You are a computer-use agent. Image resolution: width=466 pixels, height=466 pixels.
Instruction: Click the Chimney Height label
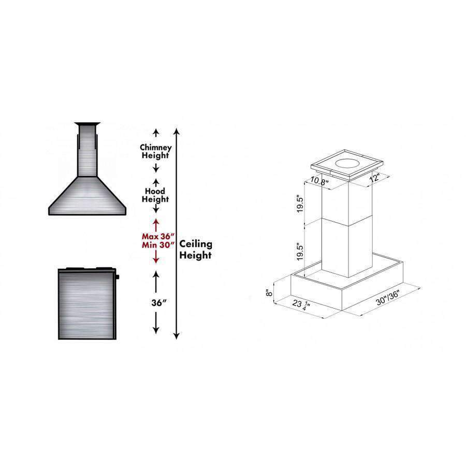pyautogui.click(x=156, y=151)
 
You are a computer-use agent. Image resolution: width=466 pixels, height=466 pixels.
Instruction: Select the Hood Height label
pyautogui.click(x=155, y=195)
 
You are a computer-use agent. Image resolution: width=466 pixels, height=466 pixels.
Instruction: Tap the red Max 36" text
pyautogui.click(x=157, y=237)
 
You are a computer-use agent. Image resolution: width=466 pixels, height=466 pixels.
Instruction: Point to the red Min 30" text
pyautogui.click(x=157, y=245)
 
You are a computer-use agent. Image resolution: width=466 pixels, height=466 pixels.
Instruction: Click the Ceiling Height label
pyautogui.click(x=196, y=250)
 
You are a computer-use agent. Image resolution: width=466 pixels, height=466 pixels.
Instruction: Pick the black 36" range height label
pyautogui.click(x=159, y=302)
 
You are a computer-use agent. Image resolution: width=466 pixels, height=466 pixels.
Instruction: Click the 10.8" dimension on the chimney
pyautogui.click(x=319, y=181)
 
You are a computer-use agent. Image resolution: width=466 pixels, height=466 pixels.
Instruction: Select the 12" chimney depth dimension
pyautogui.click(x=374, y=178)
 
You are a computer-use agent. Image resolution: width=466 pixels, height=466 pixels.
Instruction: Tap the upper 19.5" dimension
pyautogui.click(x=300, y=204)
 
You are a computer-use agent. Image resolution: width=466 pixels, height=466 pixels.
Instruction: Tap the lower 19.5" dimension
pyautogui.click(x=300, y=252)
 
